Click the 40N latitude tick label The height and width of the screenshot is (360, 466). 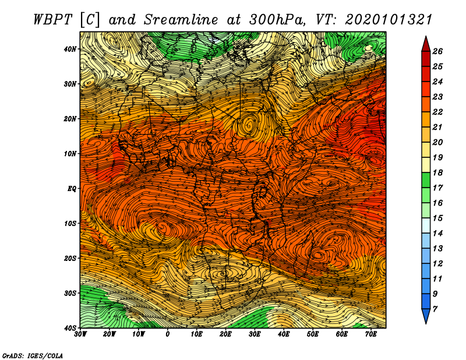(70, 49)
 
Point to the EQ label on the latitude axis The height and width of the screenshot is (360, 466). (72, 189)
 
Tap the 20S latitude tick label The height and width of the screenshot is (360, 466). (70, 258)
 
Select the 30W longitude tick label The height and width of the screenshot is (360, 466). (80, 334)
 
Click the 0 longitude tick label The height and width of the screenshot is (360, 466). (168, 334)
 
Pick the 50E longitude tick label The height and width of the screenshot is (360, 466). (313, 334)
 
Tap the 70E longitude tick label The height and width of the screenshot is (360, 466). (370, 334)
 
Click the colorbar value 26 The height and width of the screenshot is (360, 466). (437, 51)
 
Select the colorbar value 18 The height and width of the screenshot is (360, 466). (437, 172)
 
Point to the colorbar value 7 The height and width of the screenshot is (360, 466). (435, 309)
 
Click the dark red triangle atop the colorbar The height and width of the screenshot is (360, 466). (426, 44)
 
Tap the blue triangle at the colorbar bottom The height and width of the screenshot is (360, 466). (426, 316)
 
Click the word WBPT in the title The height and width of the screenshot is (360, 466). (53, 20)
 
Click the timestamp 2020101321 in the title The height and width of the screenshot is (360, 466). (389, 20)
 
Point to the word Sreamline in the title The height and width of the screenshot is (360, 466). (181, 20)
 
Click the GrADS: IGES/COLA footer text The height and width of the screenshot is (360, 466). (33, 355)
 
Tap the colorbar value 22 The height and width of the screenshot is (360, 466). (437, 112)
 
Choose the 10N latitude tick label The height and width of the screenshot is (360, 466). (70, 154)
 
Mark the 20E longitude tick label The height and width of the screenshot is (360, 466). (225, 334)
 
